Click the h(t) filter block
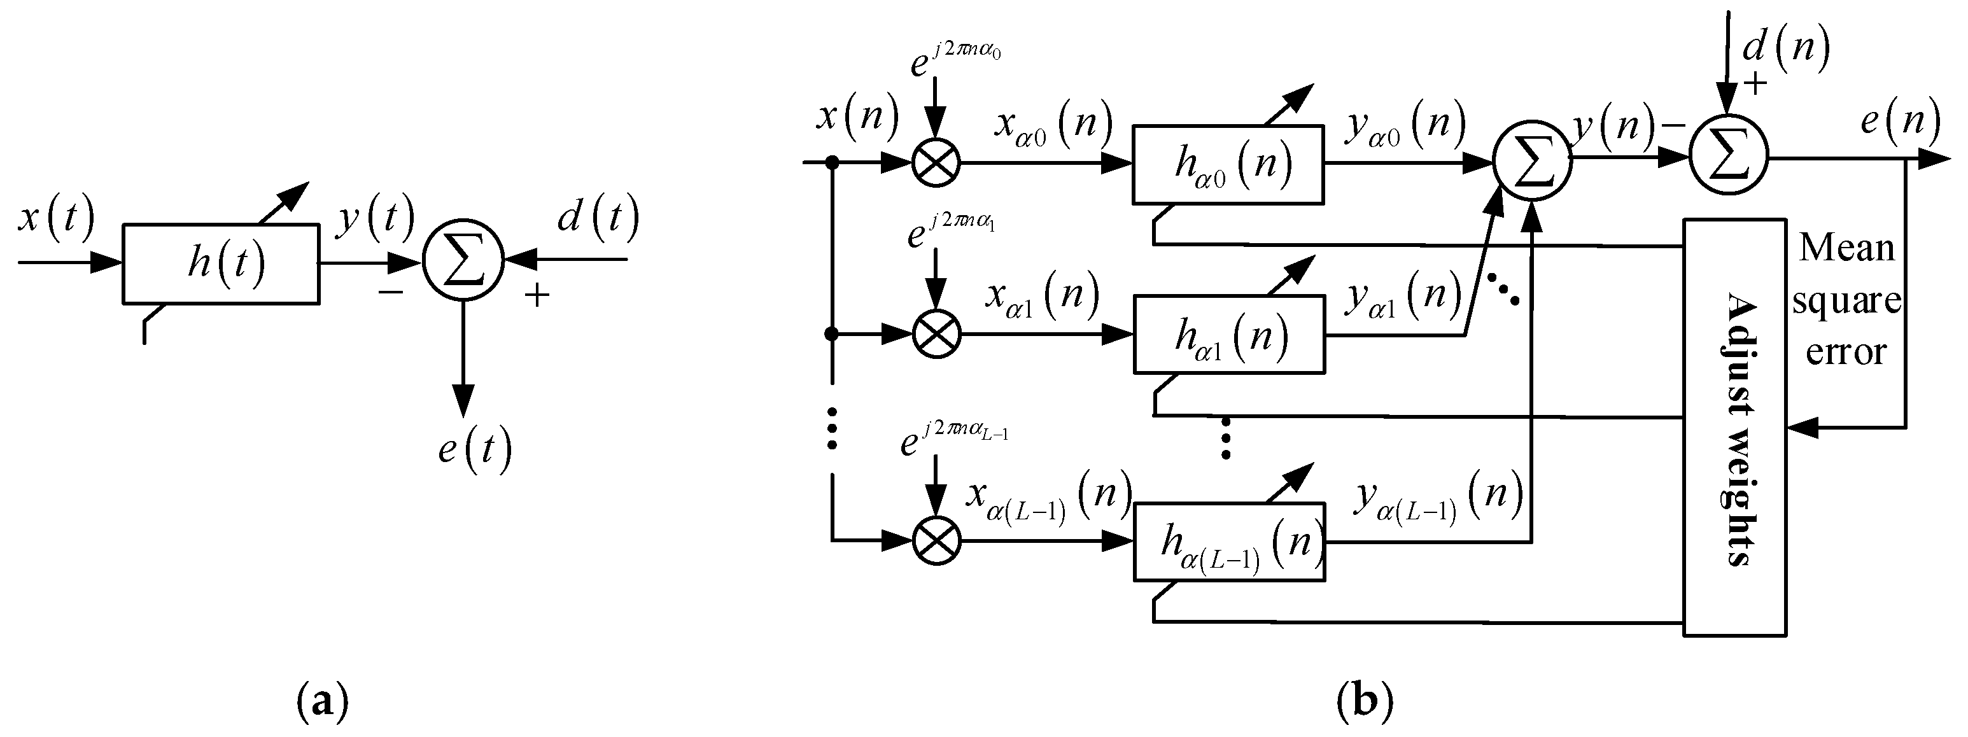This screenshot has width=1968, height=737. pyautogui.click(x=221, y=263)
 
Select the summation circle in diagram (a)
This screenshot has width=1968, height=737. pyautogui.click(x=464, y=262)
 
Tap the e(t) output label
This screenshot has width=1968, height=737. pyautogui.click(x=474, y=450)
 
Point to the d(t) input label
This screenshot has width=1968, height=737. pyautogui.click(x=598, y=218)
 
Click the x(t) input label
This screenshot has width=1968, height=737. pyautogui.click(x=56, y=218)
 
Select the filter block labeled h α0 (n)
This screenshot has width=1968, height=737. pyautogui.click(x=1228, y=165)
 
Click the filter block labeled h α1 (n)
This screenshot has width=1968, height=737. pyautogui.click(x=1229, y=335)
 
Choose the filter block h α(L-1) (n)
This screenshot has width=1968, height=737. pyautogui.click(x=1229, y=542)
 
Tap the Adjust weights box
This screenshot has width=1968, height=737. pyautogui.click(x=1735, y=428)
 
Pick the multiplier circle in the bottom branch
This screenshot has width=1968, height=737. pyautogui.click(x=937, y=541)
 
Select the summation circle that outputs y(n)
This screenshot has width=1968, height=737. pyautogui.click(x=1533, y=161)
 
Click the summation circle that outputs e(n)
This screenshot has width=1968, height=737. pyautogui.click(x=1727, y=159)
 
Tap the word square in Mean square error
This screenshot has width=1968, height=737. pyautogui.click(x=1846, y=300)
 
